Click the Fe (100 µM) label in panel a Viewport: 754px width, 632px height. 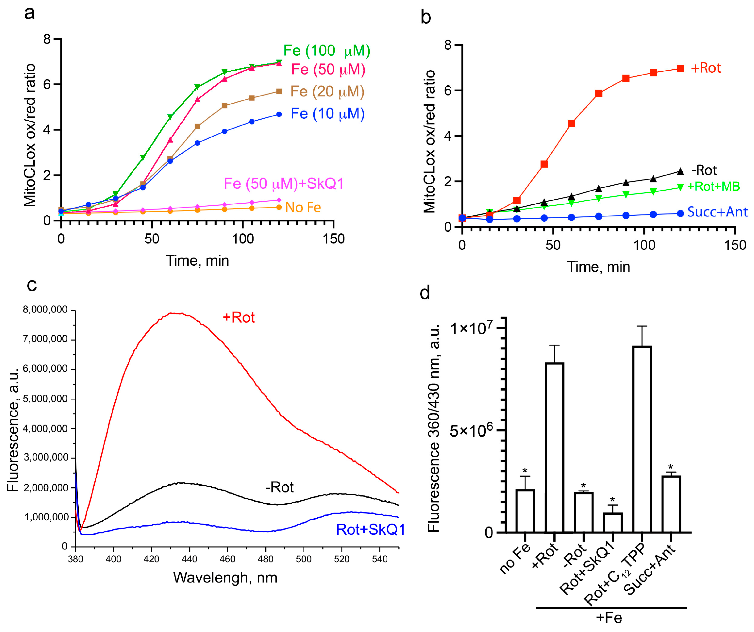tap(326, 51)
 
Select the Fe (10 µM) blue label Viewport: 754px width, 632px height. tap(327, 114)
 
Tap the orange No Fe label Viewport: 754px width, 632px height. tap(303, 208)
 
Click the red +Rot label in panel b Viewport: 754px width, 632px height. tap(705, 68)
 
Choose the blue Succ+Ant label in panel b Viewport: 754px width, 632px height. tap(717, 212)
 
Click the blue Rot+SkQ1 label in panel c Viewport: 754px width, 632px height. tap(370, 530)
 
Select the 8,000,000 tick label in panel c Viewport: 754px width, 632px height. tap(45, 310)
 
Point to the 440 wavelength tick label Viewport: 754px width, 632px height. tap(189, 559)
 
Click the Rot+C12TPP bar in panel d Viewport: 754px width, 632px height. tap(642, 439)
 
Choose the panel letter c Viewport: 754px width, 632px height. tap(32, 285)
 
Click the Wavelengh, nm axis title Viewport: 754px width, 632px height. tap(225, 578)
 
